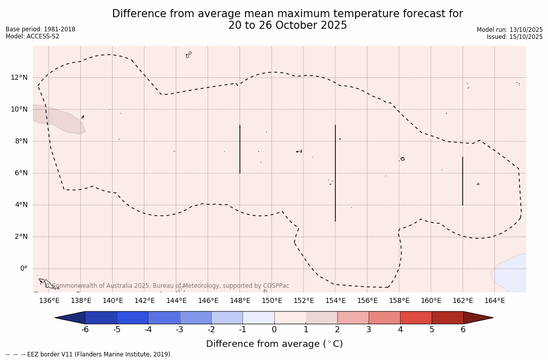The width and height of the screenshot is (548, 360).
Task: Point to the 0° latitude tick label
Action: pos(23,269)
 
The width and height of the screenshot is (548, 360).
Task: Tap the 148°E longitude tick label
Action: pos(240,301)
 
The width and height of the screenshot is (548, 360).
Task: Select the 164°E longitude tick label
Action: pos(494,301)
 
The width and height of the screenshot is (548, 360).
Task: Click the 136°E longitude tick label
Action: pos(49,301)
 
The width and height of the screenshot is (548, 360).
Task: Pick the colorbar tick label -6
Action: pos(85,330)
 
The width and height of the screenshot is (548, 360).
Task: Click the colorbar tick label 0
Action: pos(274,330)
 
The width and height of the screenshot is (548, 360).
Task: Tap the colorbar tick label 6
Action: pos(463,330)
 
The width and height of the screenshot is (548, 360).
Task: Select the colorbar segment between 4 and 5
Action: pos(416,318)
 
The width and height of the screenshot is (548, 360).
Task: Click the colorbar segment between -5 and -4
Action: pos(132,318)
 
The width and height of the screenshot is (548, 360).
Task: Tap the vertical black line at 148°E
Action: pos(240,149)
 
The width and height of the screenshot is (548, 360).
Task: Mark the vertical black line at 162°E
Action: pos(463,181)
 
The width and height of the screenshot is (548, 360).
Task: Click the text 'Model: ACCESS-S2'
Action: pos(32,36)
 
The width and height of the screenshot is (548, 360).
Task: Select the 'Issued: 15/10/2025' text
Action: pos(515,37)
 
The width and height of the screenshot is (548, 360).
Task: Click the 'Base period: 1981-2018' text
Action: pos(40,29)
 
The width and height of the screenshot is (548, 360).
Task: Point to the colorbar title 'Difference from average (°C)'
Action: pos(274,344)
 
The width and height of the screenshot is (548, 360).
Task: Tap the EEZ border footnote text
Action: pos(89,354)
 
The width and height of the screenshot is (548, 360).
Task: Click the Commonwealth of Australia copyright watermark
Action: pos(167,286)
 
